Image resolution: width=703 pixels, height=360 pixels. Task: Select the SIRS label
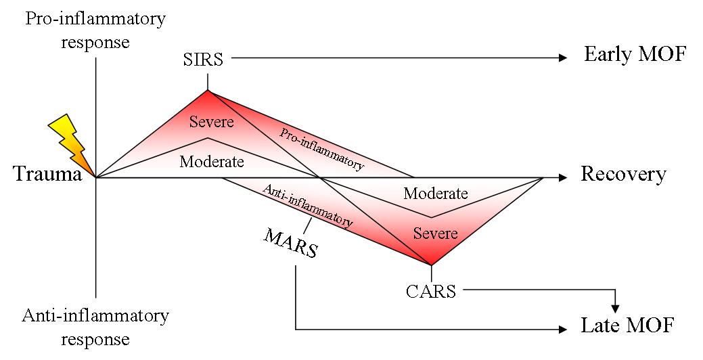point(203,60)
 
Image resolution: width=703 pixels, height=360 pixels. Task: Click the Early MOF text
point(635,54)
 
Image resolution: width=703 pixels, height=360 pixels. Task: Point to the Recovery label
point(624,175)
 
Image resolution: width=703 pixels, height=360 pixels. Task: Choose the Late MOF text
point(627,325)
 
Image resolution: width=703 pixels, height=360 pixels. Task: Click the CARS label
point(431,292)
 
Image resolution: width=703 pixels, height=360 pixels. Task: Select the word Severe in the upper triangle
point(212,122)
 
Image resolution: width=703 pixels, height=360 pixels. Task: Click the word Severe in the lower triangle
point(435,233)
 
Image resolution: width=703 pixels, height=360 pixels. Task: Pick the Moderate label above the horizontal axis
point(212,162)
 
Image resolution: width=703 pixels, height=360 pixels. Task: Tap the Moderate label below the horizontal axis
point(435,194)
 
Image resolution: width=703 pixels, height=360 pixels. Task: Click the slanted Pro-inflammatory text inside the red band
point(322,150)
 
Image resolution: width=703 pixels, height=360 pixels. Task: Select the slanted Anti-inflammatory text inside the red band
point(308,206)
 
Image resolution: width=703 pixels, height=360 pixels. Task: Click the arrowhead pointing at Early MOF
point(563,58)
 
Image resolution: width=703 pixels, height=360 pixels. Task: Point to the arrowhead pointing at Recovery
point(563,177)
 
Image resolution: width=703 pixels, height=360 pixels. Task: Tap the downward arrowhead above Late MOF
point(616,309)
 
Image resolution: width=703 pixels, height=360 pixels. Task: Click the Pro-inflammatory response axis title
point(95,30)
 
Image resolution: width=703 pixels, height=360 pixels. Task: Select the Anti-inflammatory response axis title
point(95,328)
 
